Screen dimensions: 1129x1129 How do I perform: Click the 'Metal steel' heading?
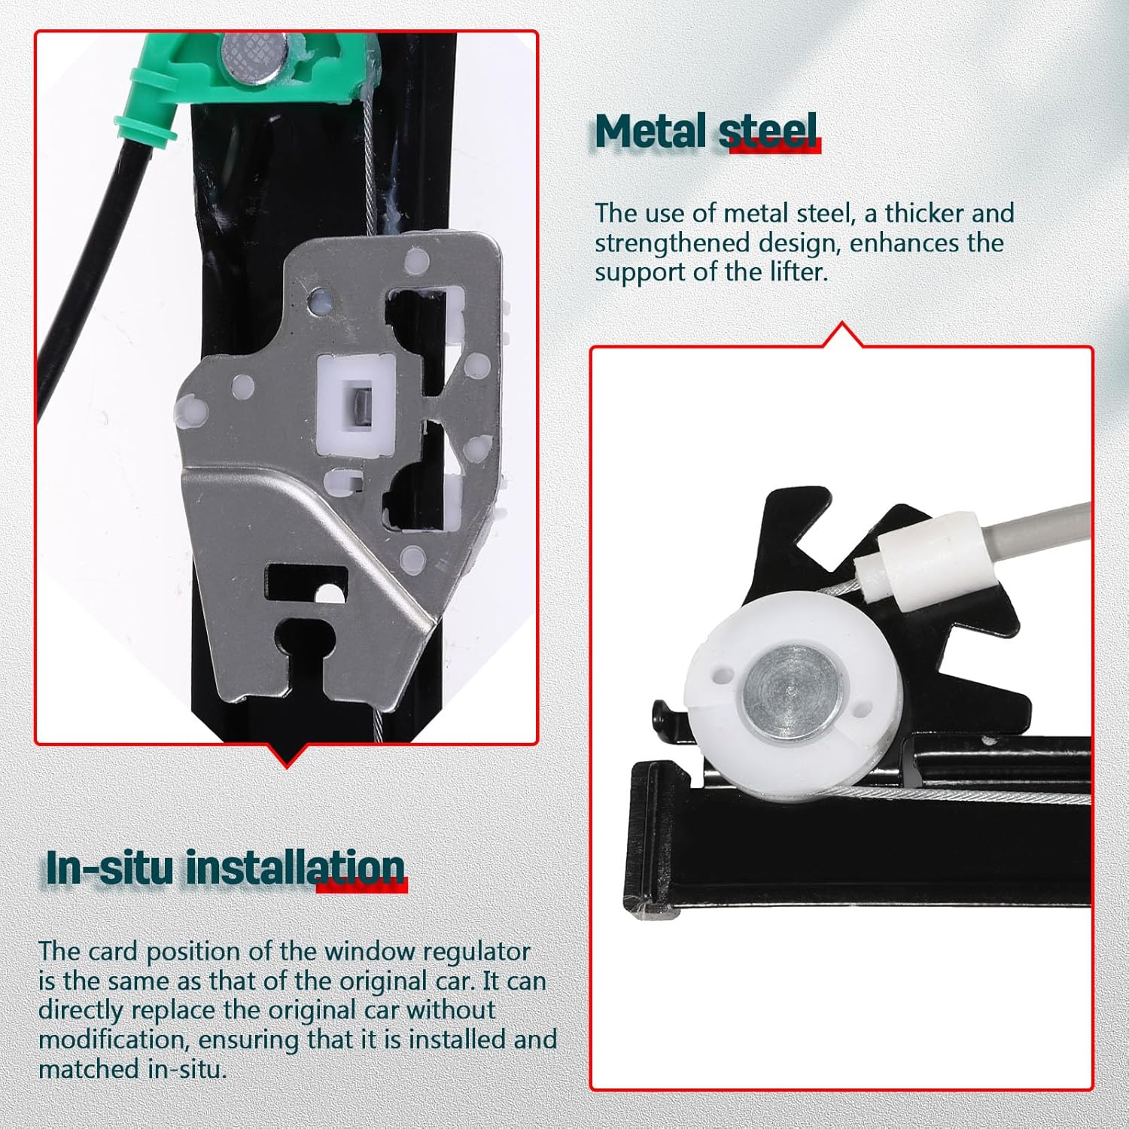[x=705, y=132]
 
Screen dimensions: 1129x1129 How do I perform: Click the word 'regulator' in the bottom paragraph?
[x=476, y=951]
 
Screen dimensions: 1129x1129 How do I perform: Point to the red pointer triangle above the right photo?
[x=842, y=335]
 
